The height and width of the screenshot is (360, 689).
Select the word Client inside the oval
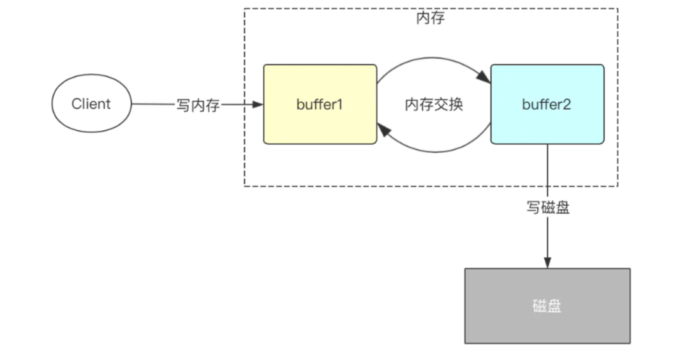(x=91, y=104)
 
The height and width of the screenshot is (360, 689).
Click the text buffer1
(x=320, y=105)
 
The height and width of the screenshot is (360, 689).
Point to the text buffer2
(x=547, y=105)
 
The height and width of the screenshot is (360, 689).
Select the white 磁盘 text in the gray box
(x=547, y=306)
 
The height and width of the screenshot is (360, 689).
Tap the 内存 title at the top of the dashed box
(x=431, y=19)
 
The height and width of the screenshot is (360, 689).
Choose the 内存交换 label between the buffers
(x=434, y=105)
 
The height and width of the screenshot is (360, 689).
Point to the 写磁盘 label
(x=547, y=208)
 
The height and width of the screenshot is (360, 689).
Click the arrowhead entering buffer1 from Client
(x=258, y=105)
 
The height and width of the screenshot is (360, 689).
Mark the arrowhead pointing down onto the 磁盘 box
(x=547, y=263)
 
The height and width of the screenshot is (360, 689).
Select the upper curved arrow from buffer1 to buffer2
(x=434, y=59)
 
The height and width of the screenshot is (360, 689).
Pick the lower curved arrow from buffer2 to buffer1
(x=434, y=151)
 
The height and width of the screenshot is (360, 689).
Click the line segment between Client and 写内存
(x=153, y=105)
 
